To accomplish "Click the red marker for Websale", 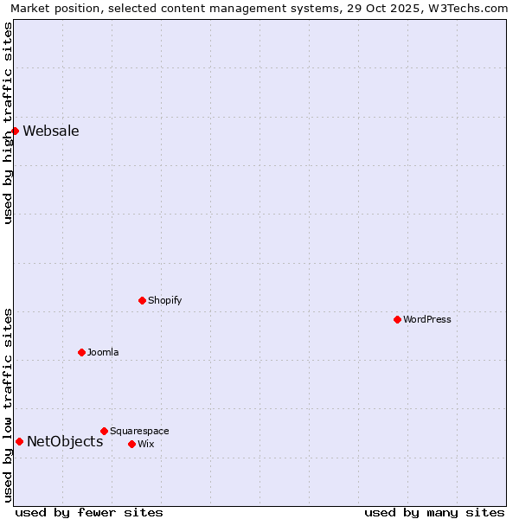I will (16, 131).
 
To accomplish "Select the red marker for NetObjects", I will (19, 441).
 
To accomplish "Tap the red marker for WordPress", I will (397, 319).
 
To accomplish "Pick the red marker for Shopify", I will (142, 300).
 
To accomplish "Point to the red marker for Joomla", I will (81, 352).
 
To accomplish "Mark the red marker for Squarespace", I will (104, 431).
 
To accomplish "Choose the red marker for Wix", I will (131, 444).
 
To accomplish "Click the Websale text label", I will (51, 131).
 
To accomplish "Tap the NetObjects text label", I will (65, 442).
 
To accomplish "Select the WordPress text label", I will (427, 320).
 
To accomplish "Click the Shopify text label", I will (164, 301).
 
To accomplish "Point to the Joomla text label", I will (103, 353).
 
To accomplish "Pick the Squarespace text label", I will (139, 432).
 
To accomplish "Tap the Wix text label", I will (145, 445).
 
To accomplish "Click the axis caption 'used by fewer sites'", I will (89, 512).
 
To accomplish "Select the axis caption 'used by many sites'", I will (434, 512).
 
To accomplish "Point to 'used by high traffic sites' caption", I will (8, 123).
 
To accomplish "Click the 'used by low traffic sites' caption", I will (8, 404).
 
